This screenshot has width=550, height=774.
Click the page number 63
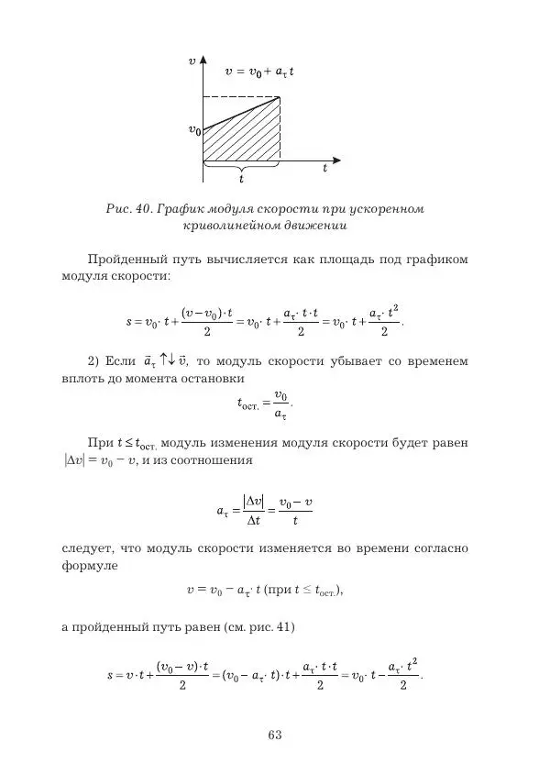click(274, 734)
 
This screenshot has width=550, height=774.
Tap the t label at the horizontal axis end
click(324, 169)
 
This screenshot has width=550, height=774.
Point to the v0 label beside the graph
click(193, 131)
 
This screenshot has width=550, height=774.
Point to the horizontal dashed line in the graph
click(240, 97)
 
